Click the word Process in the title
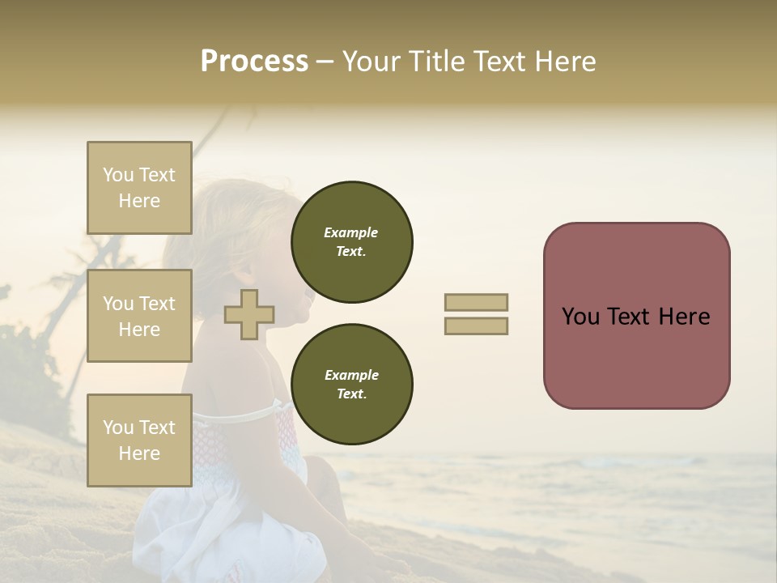(254, 62)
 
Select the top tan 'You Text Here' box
(139, 188)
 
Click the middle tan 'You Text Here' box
(139, 316)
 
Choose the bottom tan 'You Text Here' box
(139, 440)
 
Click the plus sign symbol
(249, 314)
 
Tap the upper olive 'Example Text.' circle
(351, 242)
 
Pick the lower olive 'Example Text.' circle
(351, 384)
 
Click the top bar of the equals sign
(476, 302)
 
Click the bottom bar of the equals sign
(476, 326)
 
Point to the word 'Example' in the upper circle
(351, 232)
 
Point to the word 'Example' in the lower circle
(351, 375)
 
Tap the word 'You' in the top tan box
(118, 175)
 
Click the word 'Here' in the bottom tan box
(139, 453)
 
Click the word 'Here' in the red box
(685, 317)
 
